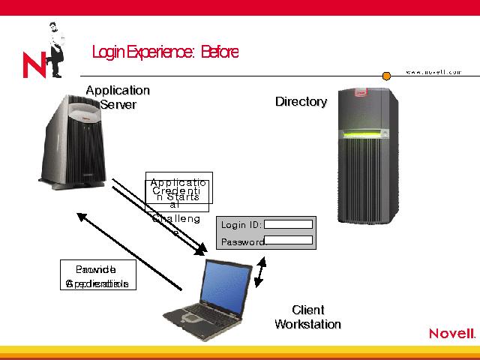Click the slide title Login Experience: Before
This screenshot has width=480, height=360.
coord(165,52)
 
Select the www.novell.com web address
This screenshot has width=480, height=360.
coord(433,71)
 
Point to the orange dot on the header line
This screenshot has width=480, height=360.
coord(387,76)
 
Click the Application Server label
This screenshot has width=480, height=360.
coord(118,97)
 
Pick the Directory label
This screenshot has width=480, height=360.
coord(301,101)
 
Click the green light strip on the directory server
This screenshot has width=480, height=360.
coord(367,135)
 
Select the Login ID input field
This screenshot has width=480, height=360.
coord(288,223)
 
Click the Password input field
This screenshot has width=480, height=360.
coord(289,240)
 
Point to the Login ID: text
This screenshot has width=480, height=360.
coord(241,224)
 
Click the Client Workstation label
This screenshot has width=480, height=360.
coord(307,317)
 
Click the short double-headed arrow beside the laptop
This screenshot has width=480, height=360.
coord(259,273)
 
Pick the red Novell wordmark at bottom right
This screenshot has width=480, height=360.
coord(452,334)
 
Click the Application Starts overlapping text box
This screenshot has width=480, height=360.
coord(179,187)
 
